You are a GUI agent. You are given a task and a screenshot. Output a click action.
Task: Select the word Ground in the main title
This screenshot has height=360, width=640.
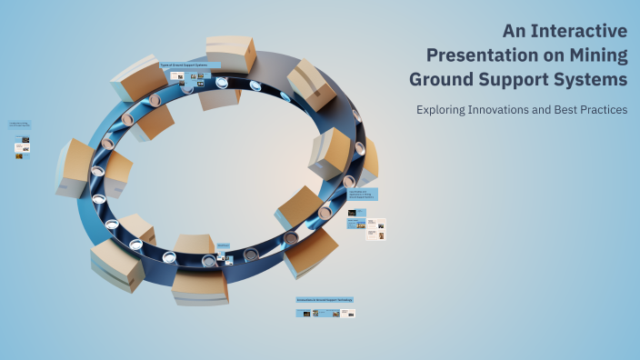pos(443,79)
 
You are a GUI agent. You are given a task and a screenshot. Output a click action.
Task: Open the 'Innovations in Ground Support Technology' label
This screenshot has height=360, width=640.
pos(325,299)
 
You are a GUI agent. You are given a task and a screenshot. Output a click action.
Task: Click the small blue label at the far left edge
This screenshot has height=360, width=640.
pos(19,125)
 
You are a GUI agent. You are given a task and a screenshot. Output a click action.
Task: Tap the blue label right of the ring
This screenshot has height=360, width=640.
pos(362,194)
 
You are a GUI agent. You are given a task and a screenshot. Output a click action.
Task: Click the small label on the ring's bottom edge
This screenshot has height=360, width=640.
pos(223,245)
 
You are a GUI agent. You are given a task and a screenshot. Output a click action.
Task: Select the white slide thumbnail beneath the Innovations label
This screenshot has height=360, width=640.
pos(347,313)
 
